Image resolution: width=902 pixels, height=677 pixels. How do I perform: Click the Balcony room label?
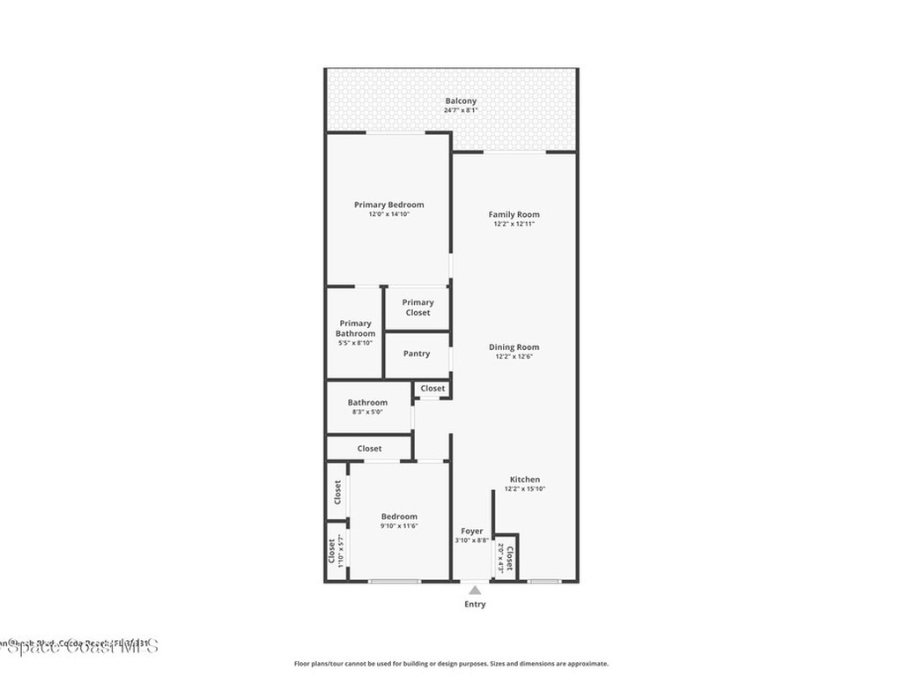[x=461, y=101]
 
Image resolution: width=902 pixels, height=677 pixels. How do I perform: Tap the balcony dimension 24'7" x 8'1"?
[x=461, y=111]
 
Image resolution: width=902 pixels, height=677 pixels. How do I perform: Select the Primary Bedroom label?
[x=388, y=205]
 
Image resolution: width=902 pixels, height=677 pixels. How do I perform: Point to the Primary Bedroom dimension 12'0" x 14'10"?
[x=388, y=214]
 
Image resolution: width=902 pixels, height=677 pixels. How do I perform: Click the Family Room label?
[x=514, y=214]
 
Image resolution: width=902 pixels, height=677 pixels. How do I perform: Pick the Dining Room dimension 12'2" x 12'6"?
[x=514, y=357]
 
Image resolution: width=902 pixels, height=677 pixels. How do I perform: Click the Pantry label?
[x=417, y=353]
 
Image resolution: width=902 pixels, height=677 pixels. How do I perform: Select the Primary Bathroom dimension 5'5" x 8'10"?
[x=355, y=343]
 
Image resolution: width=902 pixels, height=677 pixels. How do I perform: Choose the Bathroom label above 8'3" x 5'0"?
[x=367, y=402]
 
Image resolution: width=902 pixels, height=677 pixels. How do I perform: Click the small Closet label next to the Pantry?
[x=433, y=388]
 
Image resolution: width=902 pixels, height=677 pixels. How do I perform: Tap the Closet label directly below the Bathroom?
[x=369, y=449]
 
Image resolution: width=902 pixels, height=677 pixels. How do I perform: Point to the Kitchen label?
[x=525, y=480]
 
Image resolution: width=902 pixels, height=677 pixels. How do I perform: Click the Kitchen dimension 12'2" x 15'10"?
[x=525, y=489]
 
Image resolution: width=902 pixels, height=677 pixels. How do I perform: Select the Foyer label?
[x=472, y=532]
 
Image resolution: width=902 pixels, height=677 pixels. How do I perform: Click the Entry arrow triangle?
[x=475, y=590]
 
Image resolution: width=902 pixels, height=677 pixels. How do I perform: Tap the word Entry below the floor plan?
[x=475, y=605]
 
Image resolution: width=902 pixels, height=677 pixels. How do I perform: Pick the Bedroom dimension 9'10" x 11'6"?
[x=399, y=526]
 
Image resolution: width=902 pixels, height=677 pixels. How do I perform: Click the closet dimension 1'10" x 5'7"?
[x=340, y=551]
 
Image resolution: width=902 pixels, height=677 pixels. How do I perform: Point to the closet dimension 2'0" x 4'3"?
[x=500, y=558]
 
